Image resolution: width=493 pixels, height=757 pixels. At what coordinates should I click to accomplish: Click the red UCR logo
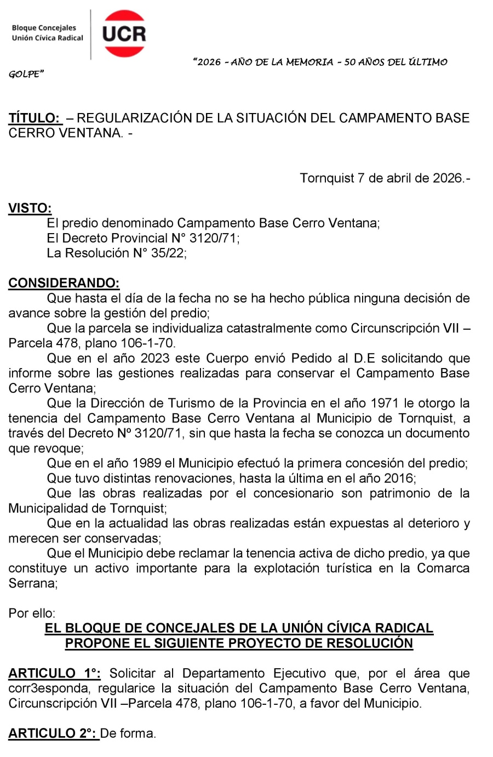(x=124, y=33)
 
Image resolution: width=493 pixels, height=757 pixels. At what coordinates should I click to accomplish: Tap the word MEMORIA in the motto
(x=309, y=62)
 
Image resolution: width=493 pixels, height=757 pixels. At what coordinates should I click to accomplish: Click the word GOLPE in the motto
(x=25, y=74)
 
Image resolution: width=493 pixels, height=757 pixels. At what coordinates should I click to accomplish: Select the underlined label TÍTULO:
(x=35, y=118)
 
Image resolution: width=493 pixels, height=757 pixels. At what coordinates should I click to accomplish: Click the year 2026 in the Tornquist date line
(x=448, y=178)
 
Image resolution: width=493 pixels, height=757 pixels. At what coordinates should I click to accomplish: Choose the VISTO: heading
(x=30, y=208)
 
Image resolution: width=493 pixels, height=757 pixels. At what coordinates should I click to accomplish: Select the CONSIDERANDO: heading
(x=64, y=283)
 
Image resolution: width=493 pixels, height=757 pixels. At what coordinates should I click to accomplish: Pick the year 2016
(x=399, y=478)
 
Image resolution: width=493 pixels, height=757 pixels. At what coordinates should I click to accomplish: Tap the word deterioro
(x=432, y=523)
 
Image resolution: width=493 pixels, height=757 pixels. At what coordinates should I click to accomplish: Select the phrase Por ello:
(x=32, y=613)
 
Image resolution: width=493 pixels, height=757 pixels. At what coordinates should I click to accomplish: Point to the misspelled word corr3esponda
(x=48, y=689)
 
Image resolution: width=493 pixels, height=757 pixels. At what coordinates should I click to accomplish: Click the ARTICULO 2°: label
(x=53, y=733)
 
